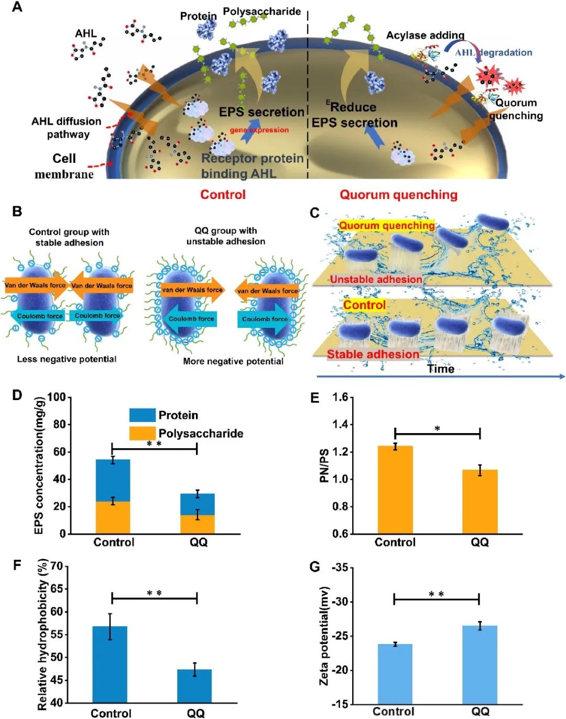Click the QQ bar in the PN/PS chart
(480, 502)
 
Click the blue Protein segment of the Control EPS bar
(113, 480)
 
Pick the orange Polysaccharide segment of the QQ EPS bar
(198, 524)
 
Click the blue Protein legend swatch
(143, 415)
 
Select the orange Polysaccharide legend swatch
(143, 434)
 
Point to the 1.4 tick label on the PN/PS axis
(340, 425)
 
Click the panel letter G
(315, 567)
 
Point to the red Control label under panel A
(223, 194)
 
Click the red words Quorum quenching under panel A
(398, 194)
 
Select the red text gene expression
(259, 130)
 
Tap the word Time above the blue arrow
(441, 369)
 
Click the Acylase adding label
(425, 35)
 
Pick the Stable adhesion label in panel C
(373, 354)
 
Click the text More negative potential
(233, 361)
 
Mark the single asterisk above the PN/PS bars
(438, 429)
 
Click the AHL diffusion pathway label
(67, 128)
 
